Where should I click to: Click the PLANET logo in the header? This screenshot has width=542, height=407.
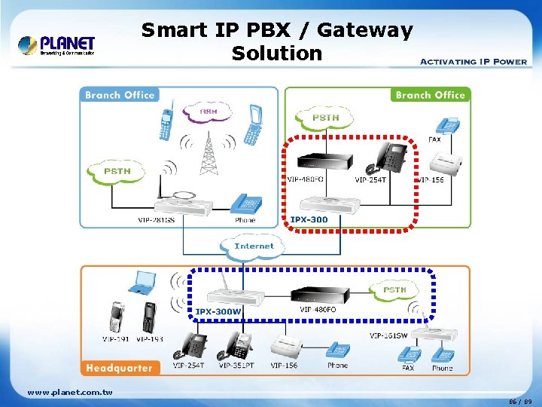click(57, 46)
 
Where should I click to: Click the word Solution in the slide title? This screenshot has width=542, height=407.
click(276, 54)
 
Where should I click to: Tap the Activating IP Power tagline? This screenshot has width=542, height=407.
click(473, 61)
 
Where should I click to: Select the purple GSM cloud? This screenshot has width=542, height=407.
click(208, 112)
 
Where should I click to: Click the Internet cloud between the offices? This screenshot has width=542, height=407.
click(254, 246)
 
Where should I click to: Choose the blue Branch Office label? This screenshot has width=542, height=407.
click(120, 95)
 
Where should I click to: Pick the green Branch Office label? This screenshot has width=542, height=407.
click(430, 95)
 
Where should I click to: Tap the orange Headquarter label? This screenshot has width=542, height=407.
click(118, 368)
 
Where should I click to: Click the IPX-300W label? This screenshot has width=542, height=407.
click(218, 311)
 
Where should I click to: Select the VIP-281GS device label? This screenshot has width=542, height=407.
click(156, 220)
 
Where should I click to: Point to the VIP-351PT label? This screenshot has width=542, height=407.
click(238, 366)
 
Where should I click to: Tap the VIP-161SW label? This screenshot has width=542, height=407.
click(388, 335)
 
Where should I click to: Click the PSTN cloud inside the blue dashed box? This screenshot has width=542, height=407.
click(394, 290)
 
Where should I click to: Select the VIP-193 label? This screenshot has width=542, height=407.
click(150, 338)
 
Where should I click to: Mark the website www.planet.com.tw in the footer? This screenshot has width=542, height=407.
click(69, 392)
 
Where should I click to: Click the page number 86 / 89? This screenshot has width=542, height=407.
click(520, 401)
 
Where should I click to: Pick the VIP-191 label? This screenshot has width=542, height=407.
click(116, 338)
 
